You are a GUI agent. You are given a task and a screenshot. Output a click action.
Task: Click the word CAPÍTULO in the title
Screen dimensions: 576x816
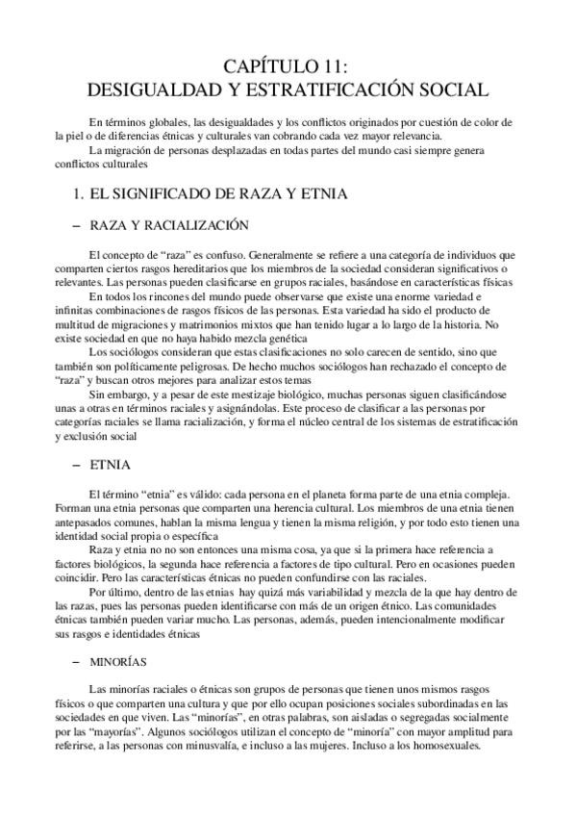(269, 66)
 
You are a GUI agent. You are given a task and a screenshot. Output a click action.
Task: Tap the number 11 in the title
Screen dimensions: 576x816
(335, 66)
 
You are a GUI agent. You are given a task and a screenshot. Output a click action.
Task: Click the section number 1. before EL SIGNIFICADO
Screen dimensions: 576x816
(79, 193)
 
